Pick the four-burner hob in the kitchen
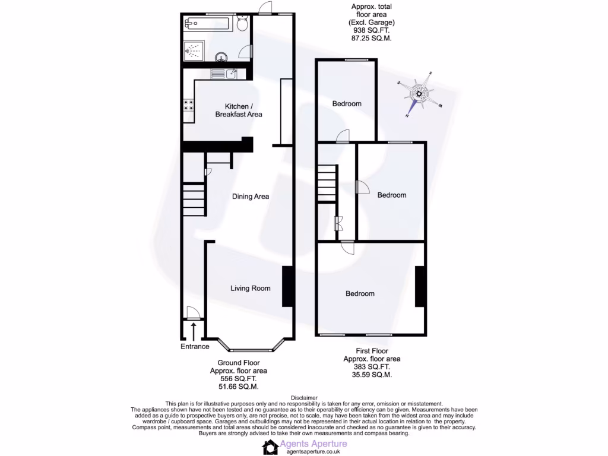coord(189,105)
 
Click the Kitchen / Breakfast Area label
coord(239,110)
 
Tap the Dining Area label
coord(251,197)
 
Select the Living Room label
coord(251,289)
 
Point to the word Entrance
coord(195,347)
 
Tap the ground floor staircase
coord(195,200)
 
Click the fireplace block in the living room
coord(287,287)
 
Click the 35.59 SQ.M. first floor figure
coord(372,375)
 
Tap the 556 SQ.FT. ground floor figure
coord(238,379)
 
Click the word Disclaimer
coord(304,397)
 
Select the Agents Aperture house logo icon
coord(271,447)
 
